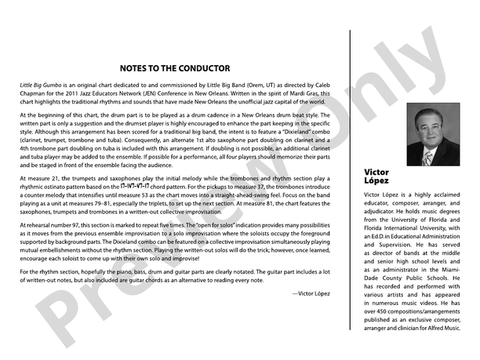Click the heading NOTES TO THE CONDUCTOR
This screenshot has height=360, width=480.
click(x=176, y=68)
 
